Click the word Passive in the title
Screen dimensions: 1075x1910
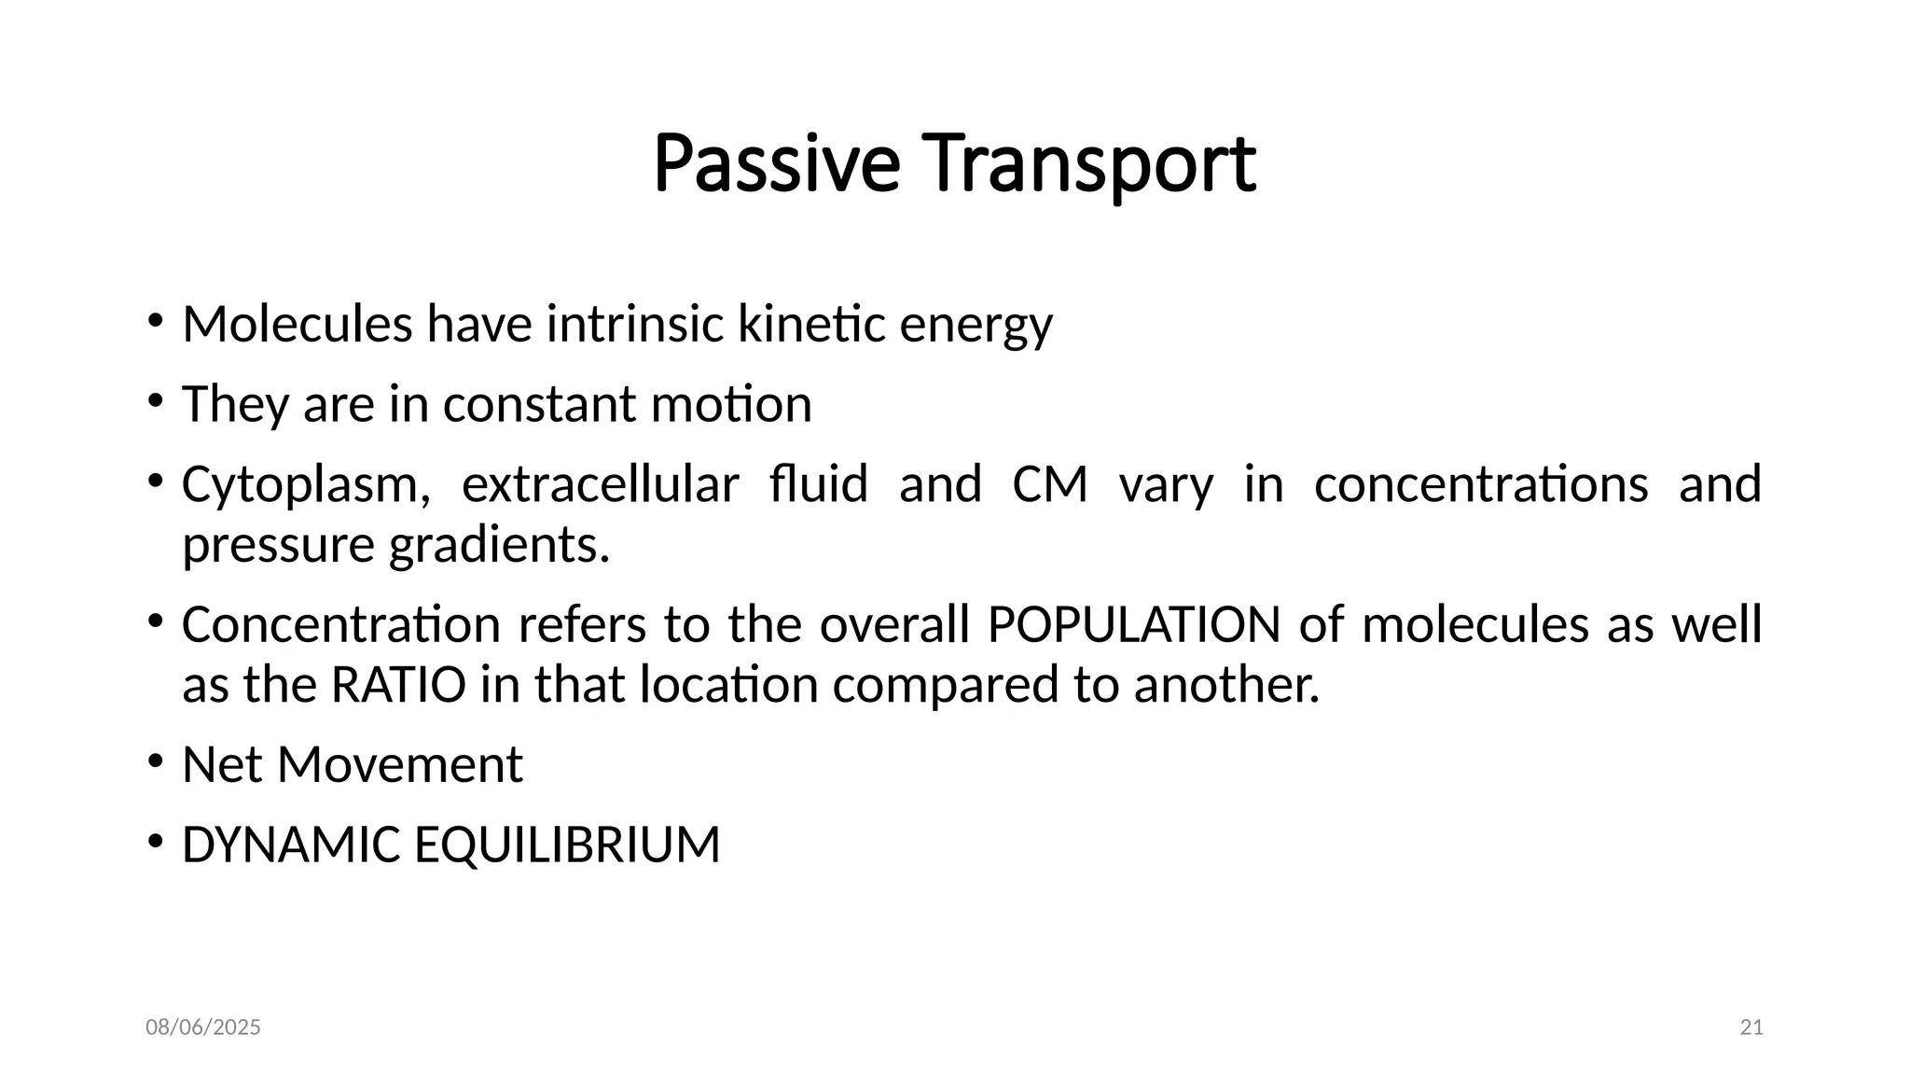coord(776,165)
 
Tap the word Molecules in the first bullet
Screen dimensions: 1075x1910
coord(297,325)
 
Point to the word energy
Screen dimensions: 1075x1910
coord(976,327)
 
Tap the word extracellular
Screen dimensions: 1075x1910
coord(600,484)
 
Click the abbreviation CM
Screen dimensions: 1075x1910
coord(1050,484)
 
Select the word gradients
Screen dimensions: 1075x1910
coord(499,545)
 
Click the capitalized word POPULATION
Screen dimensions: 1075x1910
coord(1133,624)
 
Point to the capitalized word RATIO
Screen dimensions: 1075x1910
coord(398,685)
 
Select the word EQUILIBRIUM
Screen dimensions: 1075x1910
coord(567,845)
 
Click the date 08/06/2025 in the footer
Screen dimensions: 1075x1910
coord(203,1027)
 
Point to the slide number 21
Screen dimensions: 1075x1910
coord(1751,1027)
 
